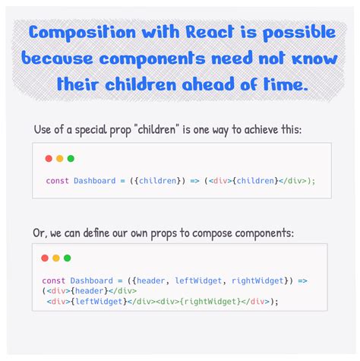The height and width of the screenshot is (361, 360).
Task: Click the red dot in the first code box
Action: click(x=49, y=158)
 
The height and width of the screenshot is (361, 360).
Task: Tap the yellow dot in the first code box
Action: click(x=59, y=158)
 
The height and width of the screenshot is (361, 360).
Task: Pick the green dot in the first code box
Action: click(x=71, y=158)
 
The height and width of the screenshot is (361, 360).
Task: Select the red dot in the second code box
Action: click(x=45, y=258)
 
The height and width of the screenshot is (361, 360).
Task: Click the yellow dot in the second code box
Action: click(x=55, y=258)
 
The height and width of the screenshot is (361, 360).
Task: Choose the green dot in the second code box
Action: click(x=67, y=258)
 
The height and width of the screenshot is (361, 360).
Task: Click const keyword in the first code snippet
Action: click(x=57, y=180)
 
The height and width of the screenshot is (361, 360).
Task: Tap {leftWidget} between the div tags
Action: click(x=100, y=301)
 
